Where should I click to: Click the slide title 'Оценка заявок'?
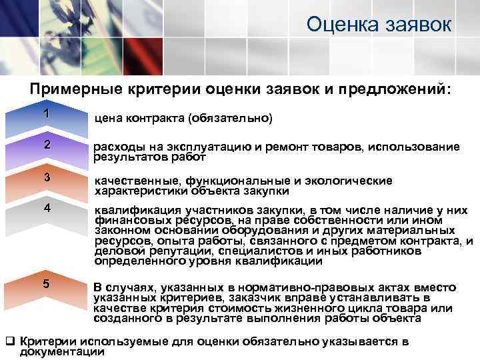[x=379, y=25]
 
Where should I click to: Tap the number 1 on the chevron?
[x=46, y=113]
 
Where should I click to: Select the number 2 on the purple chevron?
[x=47, y=145]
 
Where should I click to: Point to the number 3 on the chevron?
[x=47, y=177]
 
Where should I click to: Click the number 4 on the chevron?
[x=47, y=207]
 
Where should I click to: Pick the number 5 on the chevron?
[x=46, y=283]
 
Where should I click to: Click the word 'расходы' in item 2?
[x=113, y=147]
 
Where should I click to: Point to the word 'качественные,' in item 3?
[x=132, y=181]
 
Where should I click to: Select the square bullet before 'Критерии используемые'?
[x=10, y=341]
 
